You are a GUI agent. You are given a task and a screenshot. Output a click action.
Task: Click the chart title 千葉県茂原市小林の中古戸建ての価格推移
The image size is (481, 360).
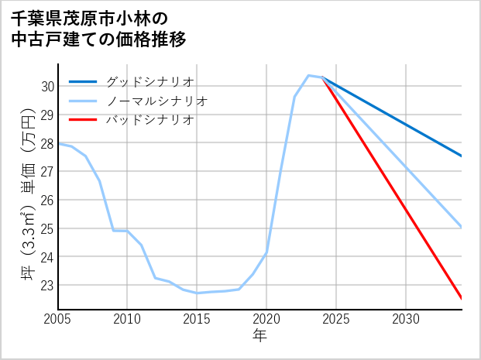98,28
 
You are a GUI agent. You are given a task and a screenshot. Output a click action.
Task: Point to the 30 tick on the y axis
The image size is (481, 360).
46,87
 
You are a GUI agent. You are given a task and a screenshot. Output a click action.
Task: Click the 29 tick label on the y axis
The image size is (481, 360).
46,115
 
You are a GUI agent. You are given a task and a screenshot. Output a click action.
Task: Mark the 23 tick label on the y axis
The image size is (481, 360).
46,286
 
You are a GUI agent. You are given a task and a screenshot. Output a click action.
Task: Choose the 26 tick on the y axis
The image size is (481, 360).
46,201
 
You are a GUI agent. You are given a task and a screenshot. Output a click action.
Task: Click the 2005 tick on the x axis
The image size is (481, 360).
58,319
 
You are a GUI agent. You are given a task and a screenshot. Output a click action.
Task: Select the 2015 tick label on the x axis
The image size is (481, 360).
197,319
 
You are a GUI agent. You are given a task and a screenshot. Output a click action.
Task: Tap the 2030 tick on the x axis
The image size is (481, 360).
406,319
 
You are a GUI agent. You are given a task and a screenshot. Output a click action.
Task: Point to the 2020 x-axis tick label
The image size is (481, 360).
266,319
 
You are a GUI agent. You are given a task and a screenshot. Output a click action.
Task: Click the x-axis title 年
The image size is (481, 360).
259,336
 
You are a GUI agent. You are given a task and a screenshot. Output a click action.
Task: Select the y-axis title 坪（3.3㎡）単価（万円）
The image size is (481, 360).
27,197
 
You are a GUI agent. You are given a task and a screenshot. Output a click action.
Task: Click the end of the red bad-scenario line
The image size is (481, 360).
461,298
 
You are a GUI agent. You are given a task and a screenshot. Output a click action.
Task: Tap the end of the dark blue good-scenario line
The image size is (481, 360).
461,156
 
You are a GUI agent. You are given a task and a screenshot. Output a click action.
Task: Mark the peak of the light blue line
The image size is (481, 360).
308,75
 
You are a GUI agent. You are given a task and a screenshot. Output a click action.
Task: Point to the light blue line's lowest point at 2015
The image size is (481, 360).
197,293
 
